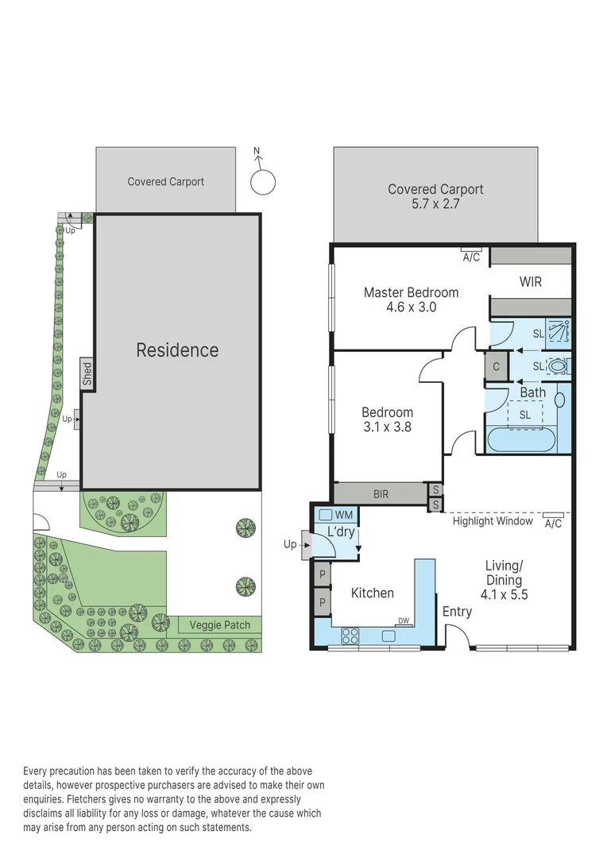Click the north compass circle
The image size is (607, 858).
point(263,182)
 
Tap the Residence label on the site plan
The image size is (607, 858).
point(177,350)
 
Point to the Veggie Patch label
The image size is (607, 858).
point(220,625)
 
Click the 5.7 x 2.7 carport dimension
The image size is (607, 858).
point(435,204)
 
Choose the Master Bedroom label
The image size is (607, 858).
point(411,292)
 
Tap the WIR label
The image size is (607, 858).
point(530,281)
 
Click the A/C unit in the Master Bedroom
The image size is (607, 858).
point(471,257)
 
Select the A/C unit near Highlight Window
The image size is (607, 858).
point(554,523)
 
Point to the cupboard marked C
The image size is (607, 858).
point(497,366)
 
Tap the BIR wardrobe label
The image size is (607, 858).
point(381,494)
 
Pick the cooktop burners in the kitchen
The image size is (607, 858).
point(350,636)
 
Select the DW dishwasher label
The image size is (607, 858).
point(404,621)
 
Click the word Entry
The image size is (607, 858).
point(457,612)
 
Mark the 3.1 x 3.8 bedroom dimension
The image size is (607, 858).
point(387,427)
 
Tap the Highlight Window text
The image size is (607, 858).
point(493,521)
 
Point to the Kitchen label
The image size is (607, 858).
point(372,593)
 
